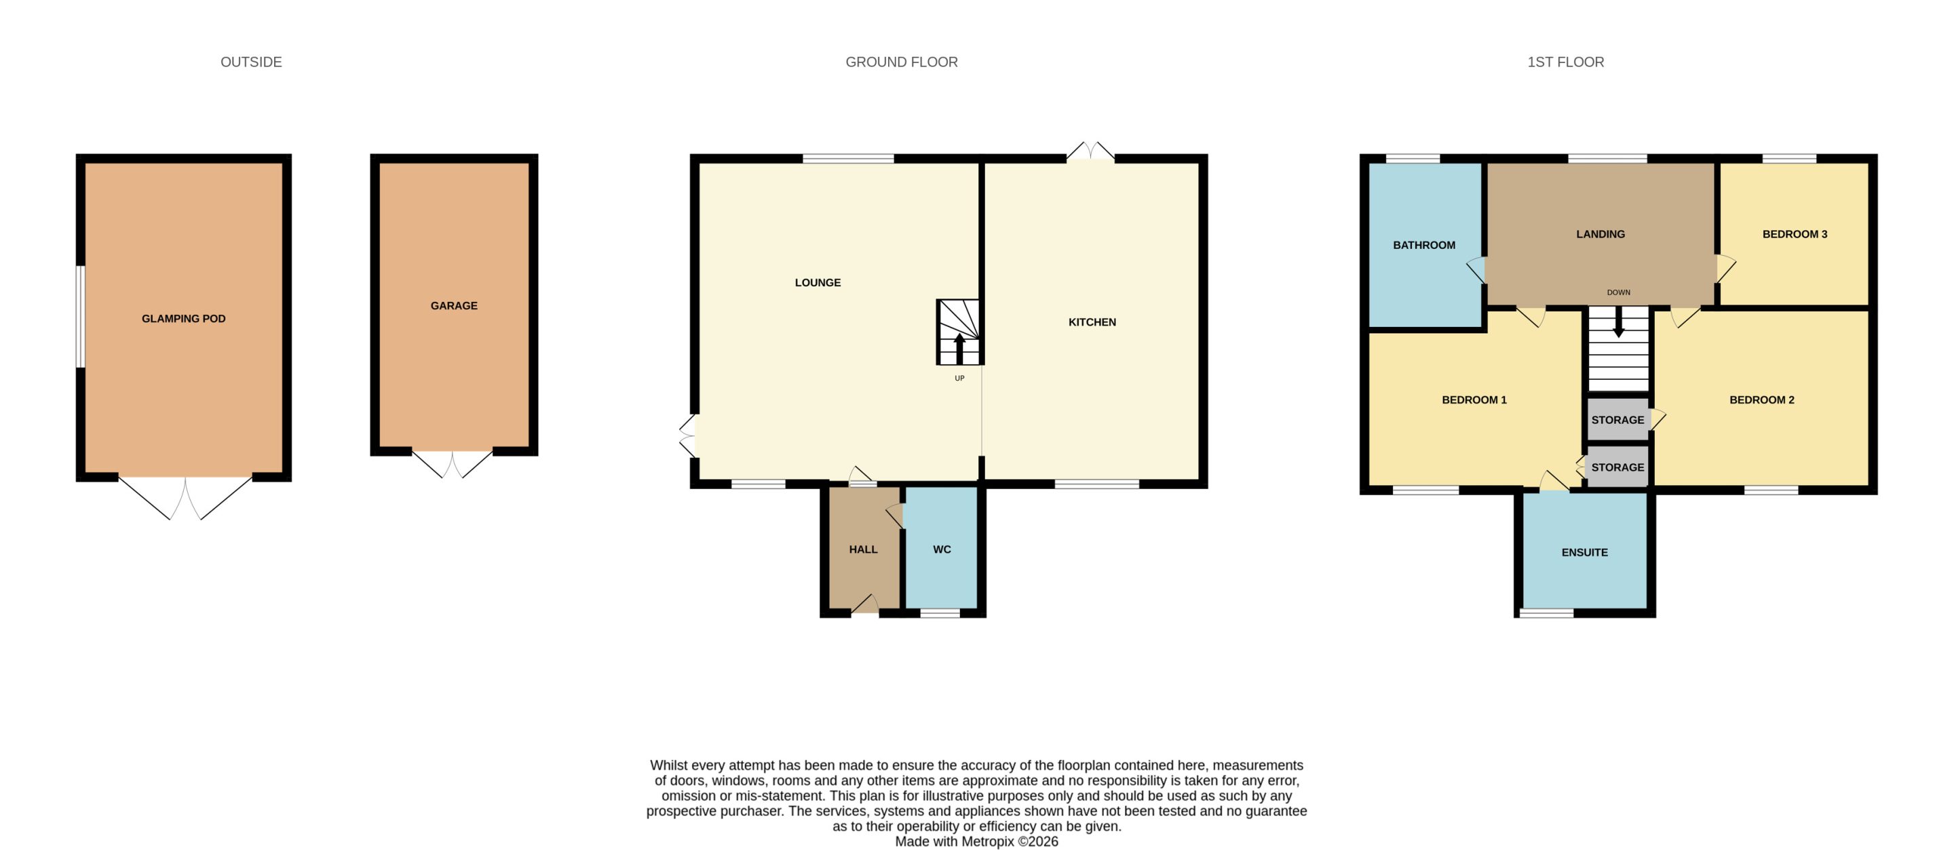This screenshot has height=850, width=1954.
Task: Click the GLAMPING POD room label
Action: pyautogui.click(x=184, y=318)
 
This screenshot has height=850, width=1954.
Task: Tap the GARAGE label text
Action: pyautogui.click(x=454, y=305)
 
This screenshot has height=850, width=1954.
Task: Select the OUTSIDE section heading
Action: pyautogui.click(x=251, y=62)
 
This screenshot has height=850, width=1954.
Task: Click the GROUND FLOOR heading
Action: pyautogui.click(x=901, y=62)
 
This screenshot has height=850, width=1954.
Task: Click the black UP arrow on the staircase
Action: pyautogui.click(x=959, y=348)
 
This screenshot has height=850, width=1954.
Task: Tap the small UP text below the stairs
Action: pyautogui.click(x=959, y=379)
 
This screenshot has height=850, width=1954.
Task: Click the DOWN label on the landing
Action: pyautogui.click(x=1618, y=292)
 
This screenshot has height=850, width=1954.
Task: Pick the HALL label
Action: pyautogui.click(x=863, y=549)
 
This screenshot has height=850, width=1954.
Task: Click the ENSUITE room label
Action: pyautogui.click(x=1585, y=552)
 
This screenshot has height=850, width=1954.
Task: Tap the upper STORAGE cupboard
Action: pyautogui.click(x=1618, y=419)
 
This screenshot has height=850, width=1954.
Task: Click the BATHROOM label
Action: pyautogui.click(x=1424, y=245)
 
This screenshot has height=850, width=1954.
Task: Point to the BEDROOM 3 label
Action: pyautogui.click(x=1795, y=234)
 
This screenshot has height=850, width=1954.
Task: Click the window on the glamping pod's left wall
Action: pyautogui.click(x=79, y=317)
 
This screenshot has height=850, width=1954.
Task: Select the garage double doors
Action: pyautogui.click(x=452, y=463)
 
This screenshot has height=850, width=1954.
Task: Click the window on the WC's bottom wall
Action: pyautogui.click(x=940, y=613)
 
